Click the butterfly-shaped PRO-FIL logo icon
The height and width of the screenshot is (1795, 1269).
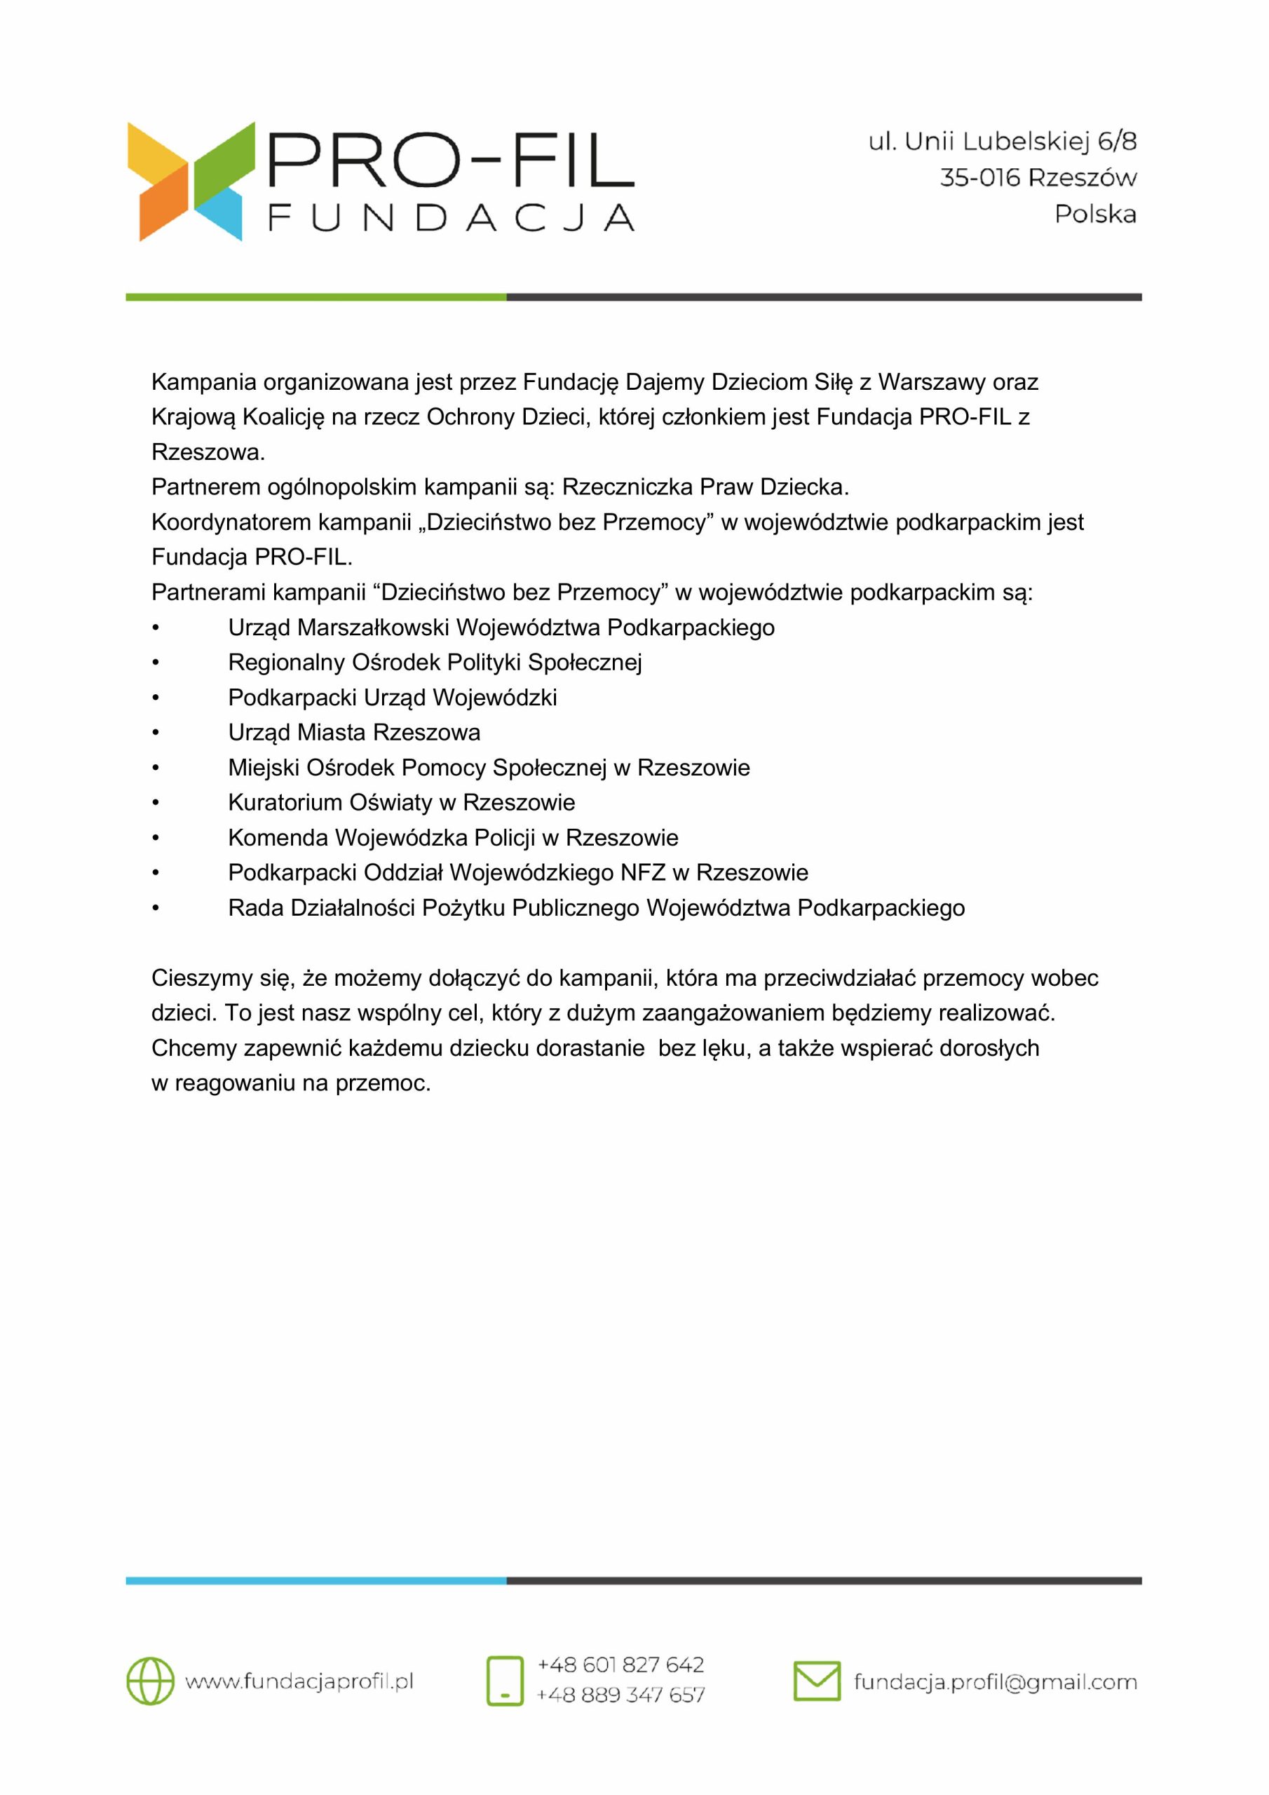tap(191, 182)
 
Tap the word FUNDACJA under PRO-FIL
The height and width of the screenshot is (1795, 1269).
tap(451, 218)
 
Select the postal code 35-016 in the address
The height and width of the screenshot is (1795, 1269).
tap(979, 178)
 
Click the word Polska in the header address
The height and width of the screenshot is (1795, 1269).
tap(1094, 215)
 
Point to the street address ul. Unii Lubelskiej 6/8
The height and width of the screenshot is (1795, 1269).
tap(1003, 142)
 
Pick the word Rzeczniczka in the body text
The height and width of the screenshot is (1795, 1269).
tap(627, 487)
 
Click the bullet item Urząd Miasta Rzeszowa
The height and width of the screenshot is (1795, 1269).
tap(353, 733)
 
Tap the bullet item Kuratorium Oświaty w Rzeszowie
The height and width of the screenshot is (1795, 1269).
tap(401, 802)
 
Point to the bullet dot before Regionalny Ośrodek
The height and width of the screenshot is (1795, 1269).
tap(156, 663)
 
